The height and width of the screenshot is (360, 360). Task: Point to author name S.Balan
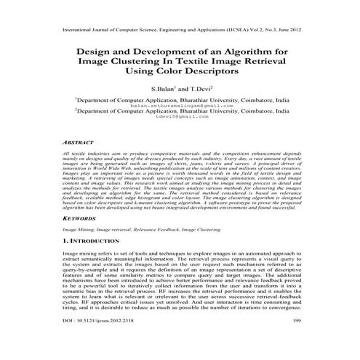(164, 88)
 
